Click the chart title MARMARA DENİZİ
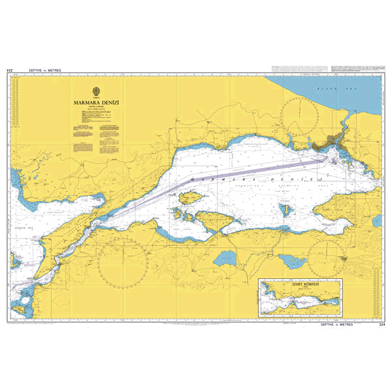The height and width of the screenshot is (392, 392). point(95,102)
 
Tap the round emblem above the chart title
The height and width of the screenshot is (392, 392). point(95,91)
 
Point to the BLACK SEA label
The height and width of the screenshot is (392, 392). point(325,87)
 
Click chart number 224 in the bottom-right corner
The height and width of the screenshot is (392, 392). point(381,323)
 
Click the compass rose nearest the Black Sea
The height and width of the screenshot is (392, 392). point(299,122)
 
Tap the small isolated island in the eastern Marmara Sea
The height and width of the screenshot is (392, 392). point(285,210)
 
